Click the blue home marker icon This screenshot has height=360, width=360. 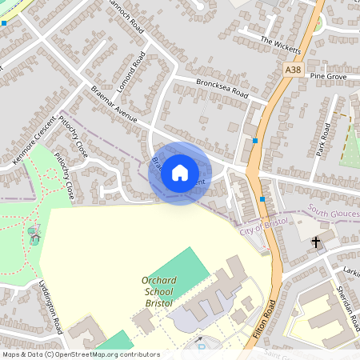click(180, 173)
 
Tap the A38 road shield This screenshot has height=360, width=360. click(294, 71)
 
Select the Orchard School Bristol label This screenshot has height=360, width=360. click(158, 291)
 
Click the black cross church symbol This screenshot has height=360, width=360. click(315, 241)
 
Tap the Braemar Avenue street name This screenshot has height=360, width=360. click(114, 104)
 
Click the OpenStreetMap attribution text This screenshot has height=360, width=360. click(80, 354)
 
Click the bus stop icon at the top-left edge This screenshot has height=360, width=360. click(4, 23)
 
